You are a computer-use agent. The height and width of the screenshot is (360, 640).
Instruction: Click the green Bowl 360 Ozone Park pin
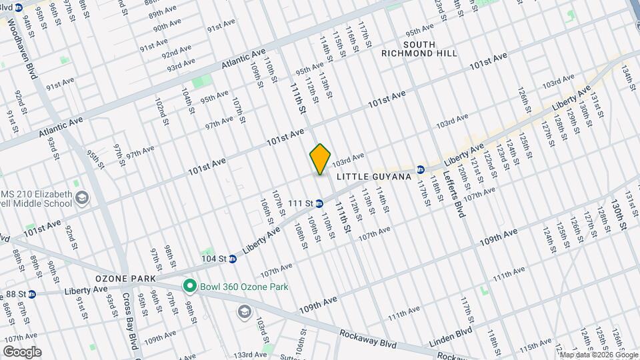pyautogui.click(x=189, y=287)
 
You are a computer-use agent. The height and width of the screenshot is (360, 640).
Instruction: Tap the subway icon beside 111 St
pyautogui.click(x=319, y=203)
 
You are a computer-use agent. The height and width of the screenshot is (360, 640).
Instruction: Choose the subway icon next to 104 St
pyautogui.click(x=233, y=259)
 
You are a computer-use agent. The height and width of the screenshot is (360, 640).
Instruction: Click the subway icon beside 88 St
pyautogui.click(x=31, y=293)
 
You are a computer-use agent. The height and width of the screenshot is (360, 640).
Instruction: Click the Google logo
pyautogui.click(x=21, y=352)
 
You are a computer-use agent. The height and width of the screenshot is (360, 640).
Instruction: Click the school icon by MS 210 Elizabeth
pyautogui.click(x=82, y=197)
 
